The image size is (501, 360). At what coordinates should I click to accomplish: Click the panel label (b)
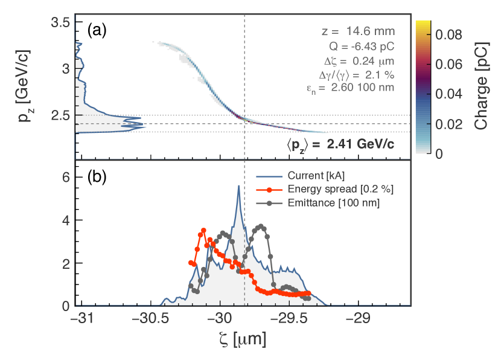[x=97, y=177]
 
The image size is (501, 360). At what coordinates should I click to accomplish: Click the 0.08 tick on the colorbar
[x=448, y=35]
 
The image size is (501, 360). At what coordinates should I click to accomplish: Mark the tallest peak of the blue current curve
[x=239, y=185]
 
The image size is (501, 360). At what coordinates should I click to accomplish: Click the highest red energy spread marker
[x=203, y=230]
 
